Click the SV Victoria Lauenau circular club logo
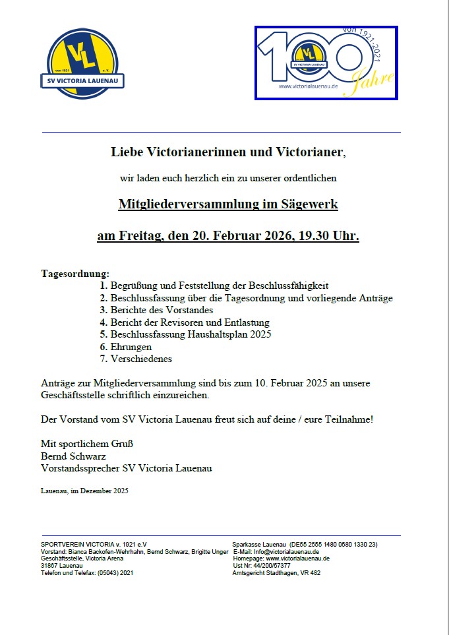82,64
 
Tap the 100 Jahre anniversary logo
326,63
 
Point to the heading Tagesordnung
75,273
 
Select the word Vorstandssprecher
80,468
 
